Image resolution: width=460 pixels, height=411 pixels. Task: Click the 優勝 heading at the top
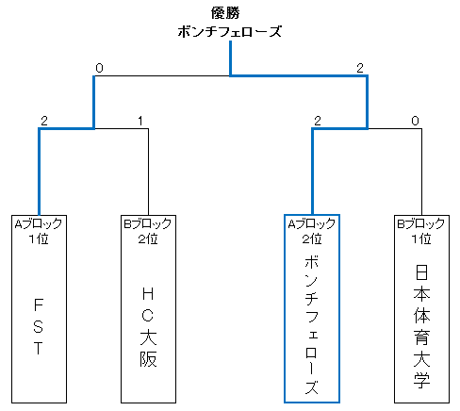click(225, 13)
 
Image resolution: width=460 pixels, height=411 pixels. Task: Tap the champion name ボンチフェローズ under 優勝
click(230, 32)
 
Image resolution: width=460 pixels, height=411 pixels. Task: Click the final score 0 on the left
click(99, 68)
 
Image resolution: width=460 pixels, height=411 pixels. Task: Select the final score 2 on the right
click(360, 68)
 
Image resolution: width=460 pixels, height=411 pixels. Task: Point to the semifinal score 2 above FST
click(44, 121)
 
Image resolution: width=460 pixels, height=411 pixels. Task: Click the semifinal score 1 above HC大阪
click(140, 121)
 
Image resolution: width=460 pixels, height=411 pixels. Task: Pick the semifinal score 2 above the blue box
click(318, 121)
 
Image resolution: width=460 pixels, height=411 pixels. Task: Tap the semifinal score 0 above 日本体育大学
click(415, 121)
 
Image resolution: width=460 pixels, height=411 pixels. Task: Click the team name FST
click(39, 326)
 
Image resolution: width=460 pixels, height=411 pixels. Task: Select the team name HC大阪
click(148, 327)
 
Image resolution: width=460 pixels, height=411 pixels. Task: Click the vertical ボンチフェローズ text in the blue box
click(312, 324)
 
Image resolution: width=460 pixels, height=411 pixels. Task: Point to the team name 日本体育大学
click(421, 326)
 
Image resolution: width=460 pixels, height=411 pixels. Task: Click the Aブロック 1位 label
click(39, 232)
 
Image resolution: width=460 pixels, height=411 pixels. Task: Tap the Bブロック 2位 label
click(148, 232)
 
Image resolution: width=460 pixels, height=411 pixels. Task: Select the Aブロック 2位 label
click(312, 232)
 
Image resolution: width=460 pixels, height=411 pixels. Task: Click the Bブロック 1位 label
click(421, 232)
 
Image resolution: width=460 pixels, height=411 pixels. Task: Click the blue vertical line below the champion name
click(230, 58)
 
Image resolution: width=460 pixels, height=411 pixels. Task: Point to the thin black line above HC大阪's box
click(148, 172)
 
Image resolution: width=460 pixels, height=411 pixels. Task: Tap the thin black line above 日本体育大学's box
click(421, 172)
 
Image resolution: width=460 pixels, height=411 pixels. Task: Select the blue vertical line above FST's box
click(40, 172)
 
